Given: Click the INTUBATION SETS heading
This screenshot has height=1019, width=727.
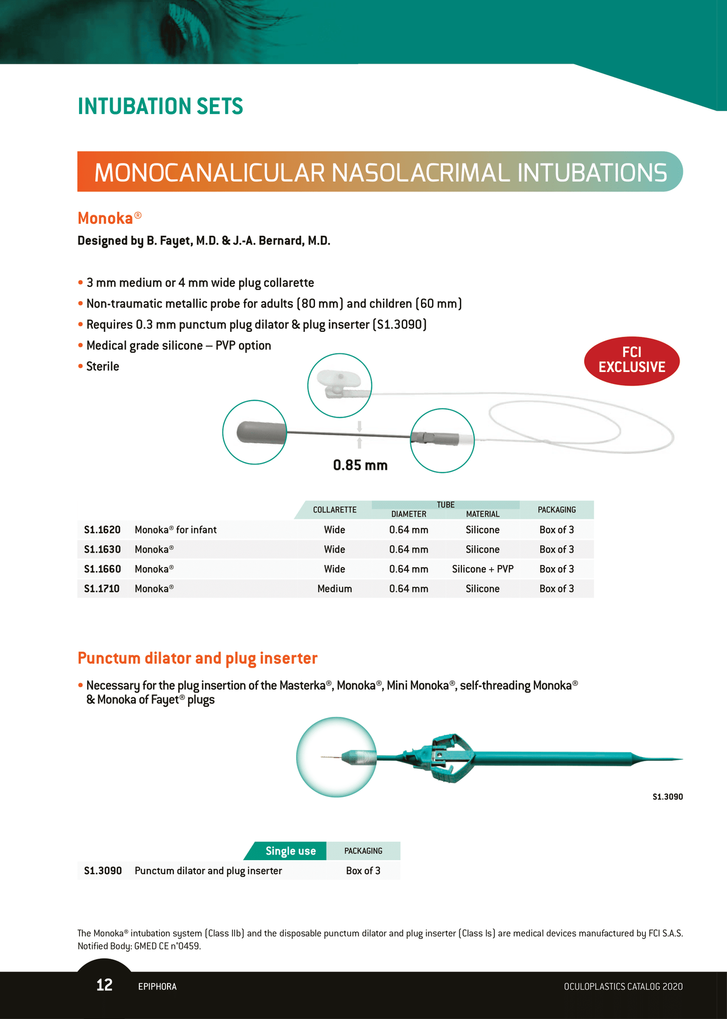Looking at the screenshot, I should [x=160, y=106].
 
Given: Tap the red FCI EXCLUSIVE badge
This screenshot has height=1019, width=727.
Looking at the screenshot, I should [x=631, y=361].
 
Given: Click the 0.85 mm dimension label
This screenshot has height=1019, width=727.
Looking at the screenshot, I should [x=360, y=465].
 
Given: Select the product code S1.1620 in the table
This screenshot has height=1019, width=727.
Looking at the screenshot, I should [x=102, y=530].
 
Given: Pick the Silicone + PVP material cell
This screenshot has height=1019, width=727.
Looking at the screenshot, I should [x=482, y=569].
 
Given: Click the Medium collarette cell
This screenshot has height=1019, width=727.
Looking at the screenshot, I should [x=335, y=589].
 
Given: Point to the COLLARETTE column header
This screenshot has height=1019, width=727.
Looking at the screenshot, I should [x=335, y=510].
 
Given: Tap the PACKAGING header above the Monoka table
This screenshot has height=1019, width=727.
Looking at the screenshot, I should [x=556, y=510].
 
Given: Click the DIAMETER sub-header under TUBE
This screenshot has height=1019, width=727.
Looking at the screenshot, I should [x=409, y=514].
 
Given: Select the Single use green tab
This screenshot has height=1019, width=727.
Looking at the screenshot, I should [x=290, y=851].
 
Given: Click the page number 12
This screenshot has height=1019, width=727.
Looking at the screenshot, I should [x=104, y=985].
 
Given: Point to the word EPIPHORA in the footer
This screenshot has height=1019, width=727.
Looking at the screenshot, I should [x=157, y=986].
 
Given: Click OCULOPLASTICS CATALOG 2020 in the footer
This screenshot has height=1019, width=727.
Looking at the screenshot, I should [x=623, y=986].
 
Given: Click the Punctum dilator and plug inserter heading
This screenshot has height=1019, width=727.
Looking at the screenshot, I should [x=197, y=658].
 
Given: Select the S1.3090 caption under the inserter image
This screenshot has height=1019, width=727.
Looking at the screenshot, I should [x=667, y=797].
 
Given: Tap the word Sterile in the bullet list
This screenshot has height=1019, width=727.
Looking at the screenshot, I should [x=103, y=366].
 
